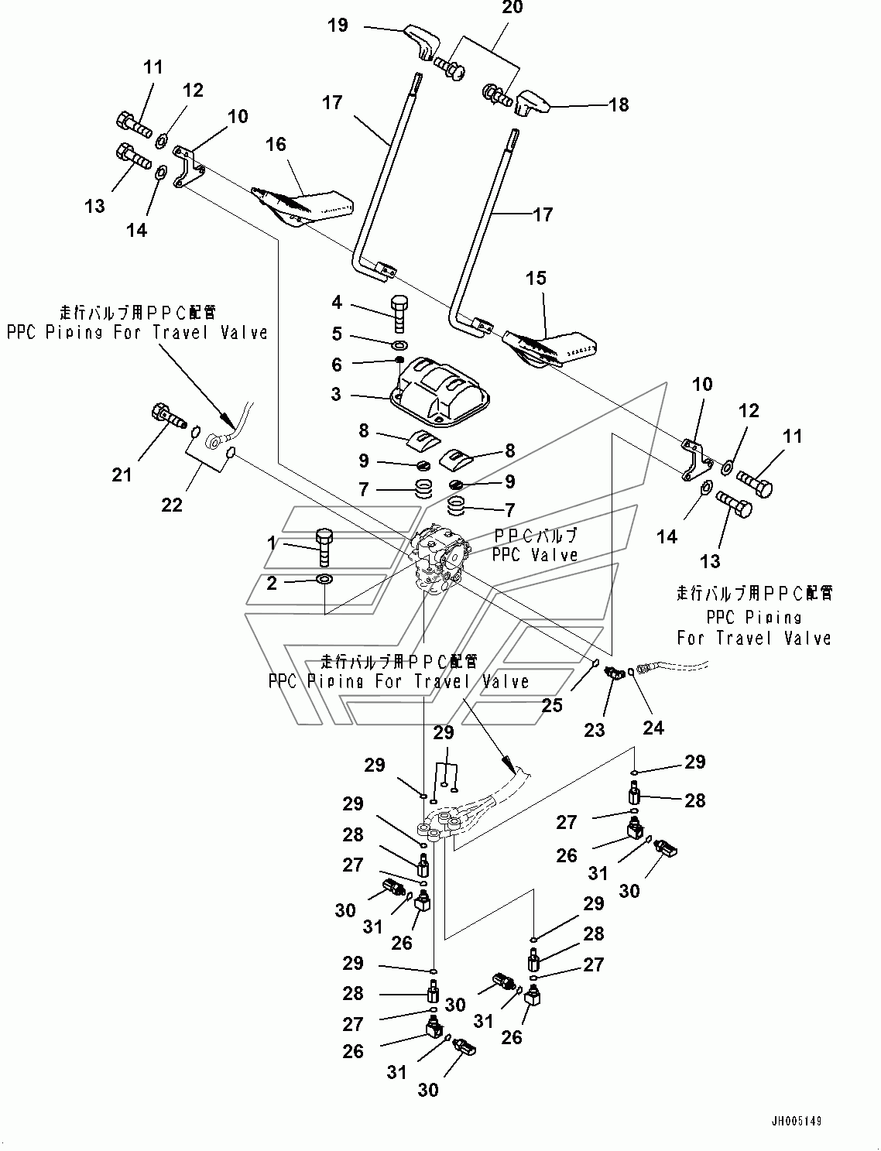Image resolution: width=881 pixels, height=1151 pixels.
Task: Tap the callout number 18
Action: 619,104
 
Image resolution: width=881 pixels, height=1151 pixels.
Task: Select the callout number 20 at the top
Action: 512,8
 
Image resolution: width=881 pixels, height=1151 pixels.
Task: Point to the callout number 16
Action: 276,145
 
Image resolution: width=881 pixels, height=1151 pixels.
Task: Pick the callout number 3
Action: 335,394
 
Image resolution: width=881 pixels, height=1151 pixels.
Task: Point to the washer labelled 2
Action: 324,579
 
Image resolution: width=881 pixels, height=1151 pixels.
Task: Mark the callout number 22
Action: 172,504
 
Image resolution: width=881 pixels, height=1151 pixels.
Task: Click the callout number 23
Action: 595,729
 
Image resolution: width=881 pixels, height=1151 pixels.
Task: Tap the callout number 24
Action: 653,728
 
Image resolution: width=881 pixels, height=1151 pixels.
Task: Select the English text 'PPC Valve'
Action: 536,555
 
